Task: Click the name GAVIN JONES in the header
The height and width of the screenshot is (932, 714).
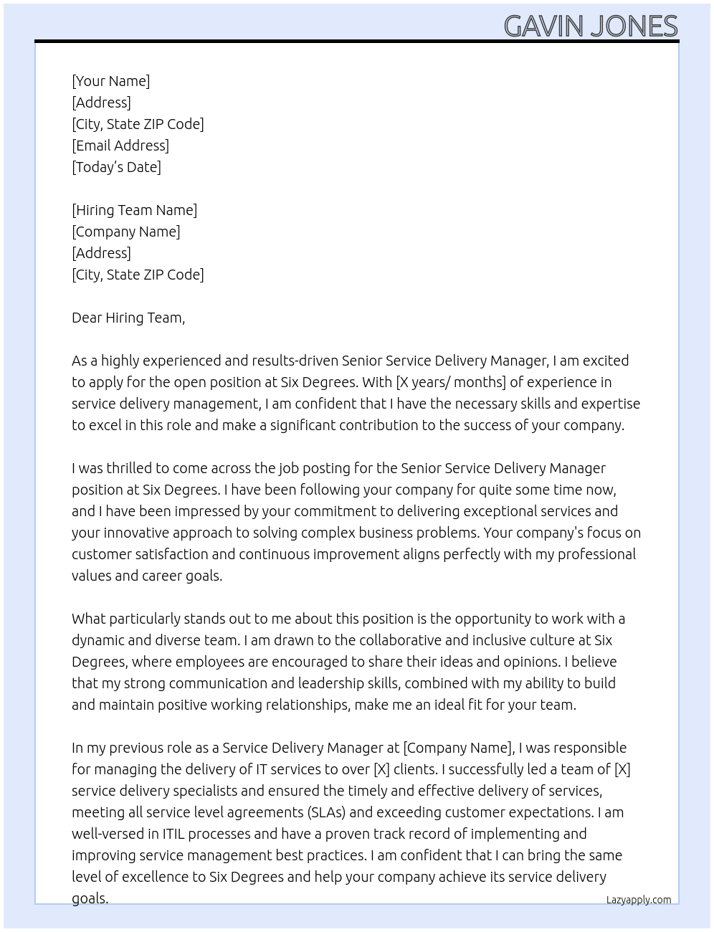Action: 591,27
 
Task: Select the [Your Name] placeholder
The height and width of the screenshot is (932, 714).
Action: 111,81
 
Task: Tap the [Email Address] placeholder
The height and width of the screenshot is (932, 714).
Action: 120,146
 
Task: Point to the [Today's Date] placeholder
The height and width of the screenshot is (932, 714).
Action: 116,167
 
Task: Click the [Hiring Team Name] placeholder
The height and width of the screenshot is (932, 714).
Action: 134,210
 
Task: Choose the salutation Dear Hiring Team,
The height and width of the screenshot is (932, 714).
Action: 128,318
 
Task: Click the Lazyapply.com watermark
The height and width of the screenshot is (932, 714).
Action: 639,900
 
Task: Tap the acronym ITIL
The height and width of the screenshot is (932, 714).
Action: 177,834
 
